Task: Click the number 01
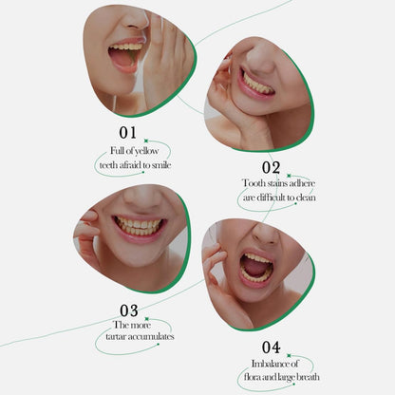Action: (128, 133)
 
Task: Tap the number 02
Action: (271, 168)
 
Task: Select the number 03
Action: (129, 310)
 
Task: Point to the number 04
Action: (272, 348)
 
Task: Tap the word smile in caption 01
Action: (161, 165)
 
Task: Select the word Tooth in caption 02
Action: (254, 183)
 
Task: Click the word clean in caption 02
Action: (306, 197)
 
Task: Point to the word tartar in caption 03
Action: (116, 336)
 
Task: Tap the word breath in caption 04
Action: (308, 377)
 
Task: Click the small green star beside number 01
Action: (146, 141)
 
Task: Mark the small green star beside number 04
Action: (289, 356)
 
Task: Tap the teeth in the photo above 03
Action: (139, 225)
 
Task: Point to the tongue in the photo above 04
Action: (254, 268)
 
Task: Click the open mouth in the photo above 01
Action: (125, 57)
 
